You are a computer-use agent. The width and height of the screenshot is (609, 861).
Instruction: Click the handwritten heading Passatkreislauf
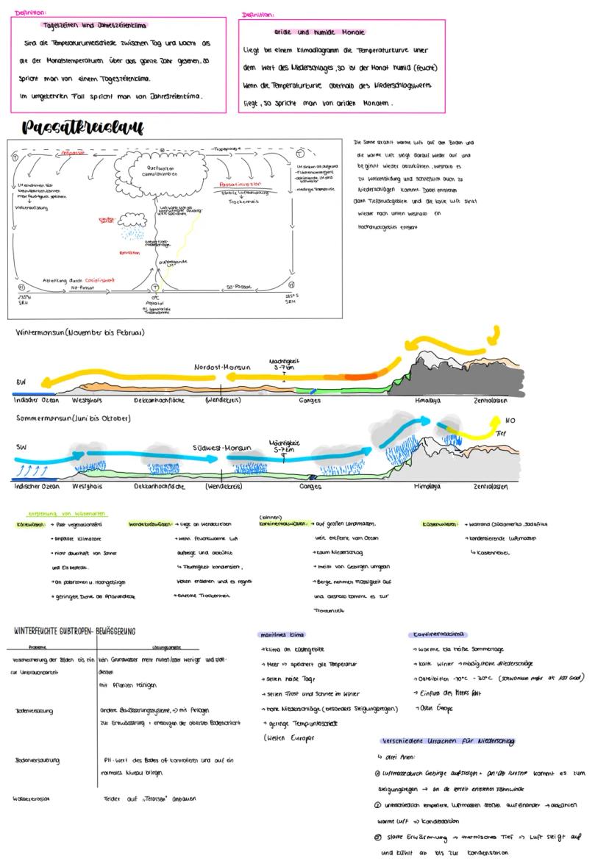pyautogui.click(x=82, y=126)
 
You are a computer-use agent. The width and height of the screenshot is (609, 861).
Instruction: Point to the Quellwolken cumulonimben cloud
pyautogui.click(x=160, y=171)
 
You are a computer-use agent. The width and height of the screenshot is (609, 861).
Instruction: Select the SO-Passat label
pyautogui.click(x=239, y=287)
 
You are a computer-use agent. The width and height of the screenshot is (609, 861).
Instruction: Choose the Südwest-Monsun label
pyautogui.click(x=221, y=447)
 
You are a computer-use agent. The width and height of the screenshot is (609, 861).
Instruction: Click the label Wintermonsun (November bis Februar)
pyautogui.click(x=79, y=332)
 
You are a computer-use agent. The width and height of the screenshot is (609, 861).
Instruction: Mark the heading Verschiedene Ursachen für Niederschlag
pyautogui.click(x=446, y=741)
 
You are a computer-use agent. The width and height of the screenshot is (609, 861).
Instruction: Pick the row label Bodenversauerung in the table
pyautogui.click(x=37, y=760)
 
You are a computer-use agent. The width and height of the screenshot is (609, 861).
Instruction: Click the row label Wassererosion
pyautogui.click(x=31, y=799)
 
